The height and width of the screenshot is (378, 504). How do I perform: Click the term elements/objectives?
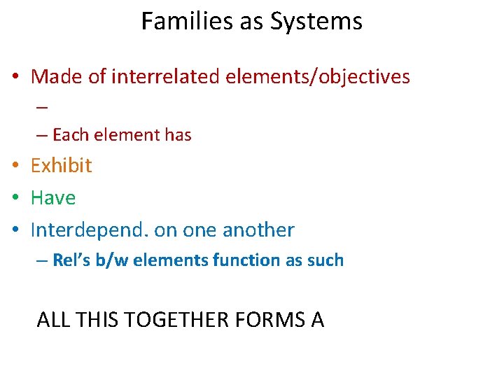[x=318, y=76]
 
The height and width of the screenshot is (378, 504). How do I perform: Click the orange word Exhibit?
[x=62, y=165]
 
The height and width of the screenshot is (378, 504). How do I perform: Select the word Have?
[x=53, y=197]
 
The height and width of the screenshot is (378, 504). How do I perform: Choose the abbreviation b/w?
[x=113, y=260]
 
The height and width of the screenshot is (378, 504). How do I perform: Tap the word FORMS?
[x=269, y=320]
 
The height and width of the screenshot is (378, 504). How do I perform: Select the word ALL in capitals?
[x=51, y=320]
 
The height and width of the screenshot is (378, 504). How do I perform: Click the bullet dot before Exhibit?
[x=15, y=166]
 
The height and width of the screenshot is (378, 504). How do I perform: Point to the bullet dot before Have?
[x=15, y=198]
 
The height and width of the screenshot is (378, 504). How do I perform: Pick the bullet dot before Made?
[x=15, y=77]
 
